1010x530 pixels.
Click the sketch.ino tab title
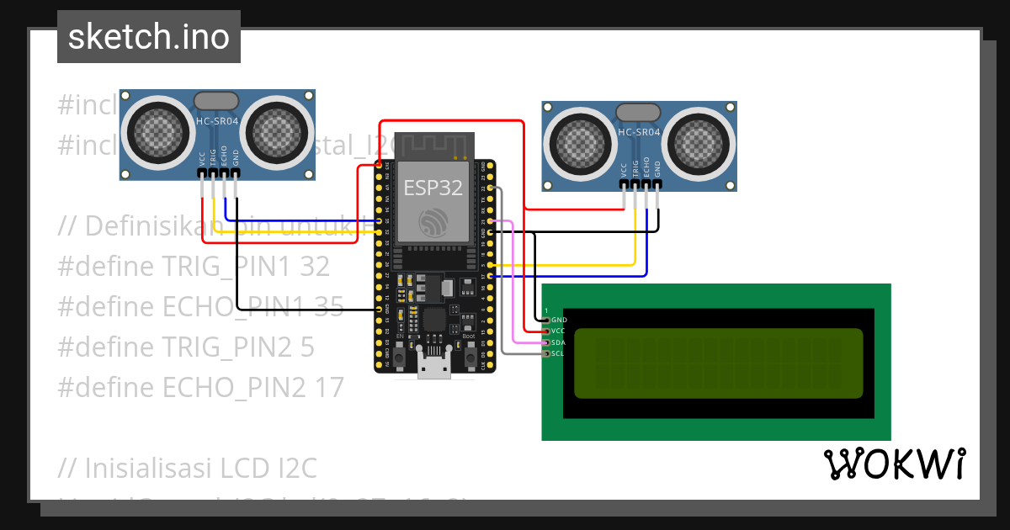pos(148,37)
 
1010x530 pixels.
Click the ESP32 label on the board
pos(433,188)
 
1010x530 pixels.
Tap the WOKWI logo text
pos(894,464)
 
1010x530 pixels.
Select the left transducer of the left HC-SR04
pos(157,132)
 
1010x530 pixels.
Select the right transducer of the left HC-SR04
pos(277,132)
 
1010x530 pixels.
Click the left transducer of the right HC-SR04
pos(580,139)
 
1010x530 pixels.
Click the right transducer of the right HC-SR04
pos(699,139)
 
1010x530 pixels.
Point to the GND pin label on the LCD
pos(559,320)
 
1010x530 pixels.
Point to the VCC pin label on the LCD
pos(559,331)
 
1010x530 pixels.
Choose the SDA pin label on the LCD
pos(559,342)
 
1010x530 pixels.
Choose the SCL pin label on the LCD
pos(559,353)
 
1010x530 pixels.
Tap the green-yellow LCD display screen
pos(719,363)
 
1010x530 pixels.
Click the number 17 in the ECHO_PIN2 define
pos(329,388)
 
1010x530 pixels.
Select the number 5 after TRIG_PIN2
pos(307,347)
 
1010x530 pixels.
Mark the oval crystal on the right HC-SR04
pos(639,112)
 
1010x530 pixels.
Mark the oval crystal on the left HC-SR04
pos(216,101)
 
